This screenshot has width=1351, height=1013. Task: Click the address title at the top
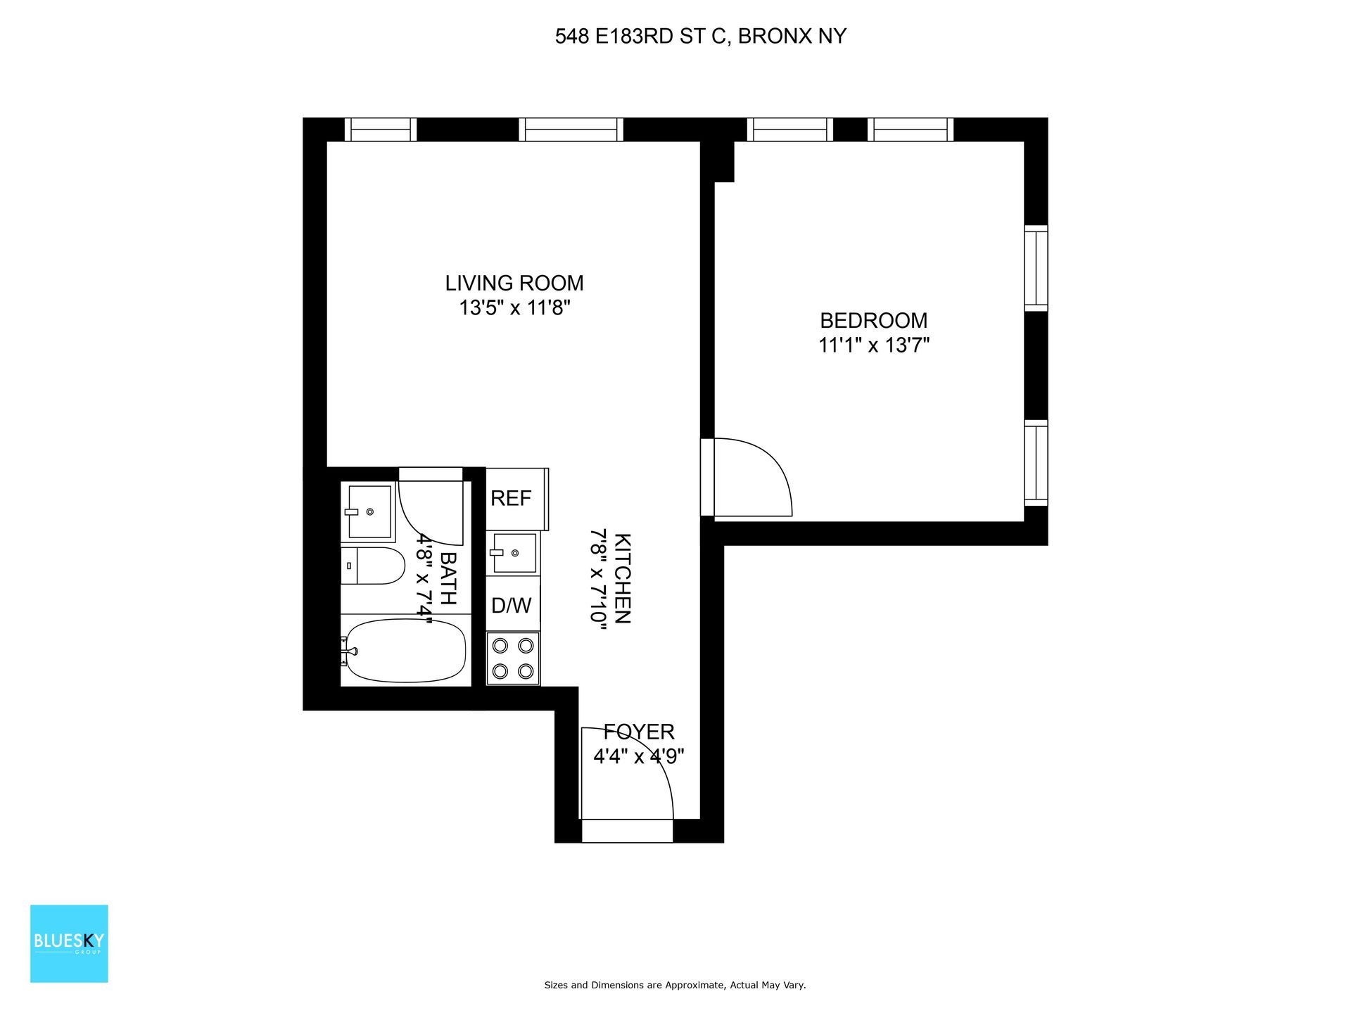pos(700,37)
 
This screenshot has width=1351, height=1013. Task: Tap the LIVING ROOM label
pos(514,283)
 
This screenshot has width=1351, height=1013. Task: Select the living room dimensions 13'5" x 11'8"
pos(514,308)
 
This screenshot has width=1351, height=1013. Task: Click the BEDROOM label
pos(873,321)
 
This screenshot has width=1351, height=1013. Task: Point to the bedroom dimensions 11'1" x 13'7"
pos(873,345)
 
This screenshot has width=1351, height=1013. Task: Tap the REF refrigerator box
pos(512,499)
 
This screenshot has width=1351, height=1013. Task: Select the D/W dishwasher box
pos(512,605)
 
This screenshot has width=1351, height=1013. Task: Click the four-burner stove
pos(513,658)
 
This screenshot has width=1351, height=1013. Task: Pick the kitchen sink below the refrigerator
pos(513,553)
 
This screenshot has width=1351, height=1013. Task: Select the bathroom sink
pos(368,511)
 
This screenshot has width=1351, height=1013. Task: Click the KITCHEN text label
pos(623,578)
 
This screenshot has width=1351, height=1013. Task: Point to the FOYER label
pos(639,732)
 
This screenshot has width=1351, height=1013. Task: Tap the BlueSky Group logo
pos(69,943)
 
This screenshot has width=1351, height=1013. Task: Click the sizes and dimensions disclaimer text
pos(675,986)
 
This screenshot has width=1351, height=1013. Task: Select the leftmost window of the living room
pos(381,130)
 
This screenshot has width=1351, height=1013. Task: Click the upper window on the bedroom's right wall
pos(1036,268)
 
